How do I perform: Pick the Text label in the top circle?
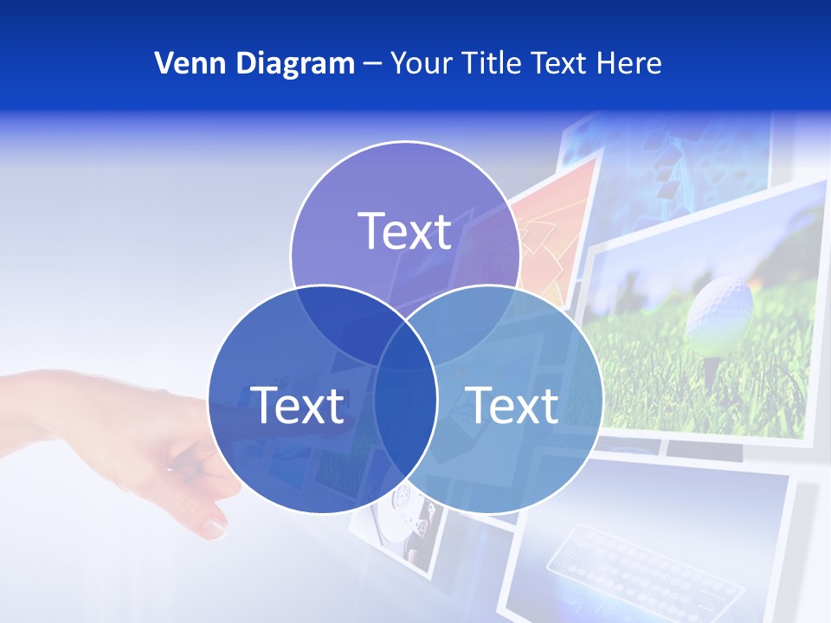404,231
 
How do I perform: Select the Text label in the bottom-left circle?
297,405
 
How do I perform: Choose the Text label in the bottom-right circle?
512,405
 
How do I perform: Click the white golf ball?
718,311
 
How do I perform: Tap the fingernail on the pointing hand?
214,525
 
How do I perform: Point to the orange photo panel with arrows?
554,234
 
